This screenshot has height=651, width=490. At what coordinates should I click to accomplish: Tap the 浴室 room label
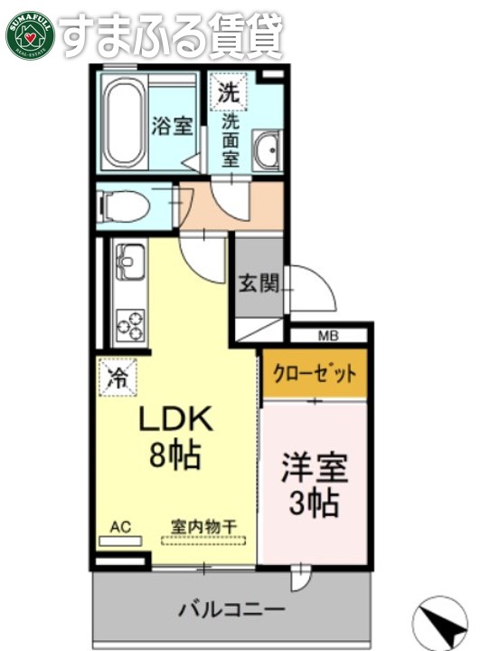[172, 126]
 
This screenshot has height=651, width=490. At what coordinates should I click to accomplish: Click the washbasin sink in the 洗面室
[267, 150]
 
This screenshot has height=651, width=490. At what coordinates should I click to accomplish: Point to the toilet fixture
[117, 206]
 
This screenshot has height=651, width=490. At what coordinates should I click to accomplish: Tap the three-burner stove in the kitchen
[128, 323]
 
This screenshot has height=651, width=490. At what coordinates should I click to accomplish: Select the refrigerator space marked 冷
[116, 377]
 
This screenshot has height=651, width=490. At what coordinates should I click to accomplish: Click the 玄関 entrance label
[258, 283]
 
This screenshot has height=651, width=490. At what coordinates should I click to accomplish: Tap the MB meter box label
[327, 337]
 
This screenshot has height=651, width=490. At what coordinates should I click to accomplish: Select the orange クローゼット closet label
[315, 372]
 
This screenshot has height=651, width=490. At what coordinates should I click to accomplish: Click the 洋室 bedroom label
[315, 471]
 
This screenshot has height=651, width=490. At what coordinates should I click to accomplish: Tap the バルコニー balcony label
[231, 608]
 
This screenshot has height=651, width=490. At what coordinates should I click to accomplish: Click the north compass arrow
[441, 622]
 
